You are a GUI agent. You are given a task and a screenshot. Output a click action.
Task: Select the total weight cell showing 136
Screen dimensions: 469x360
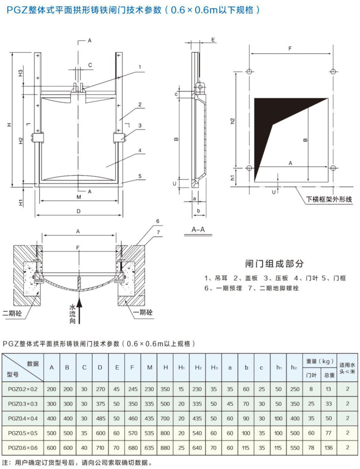point(329,447)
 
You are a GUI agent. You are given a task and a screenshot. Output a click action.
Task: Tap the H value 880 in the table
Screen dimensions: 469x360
point(165,447)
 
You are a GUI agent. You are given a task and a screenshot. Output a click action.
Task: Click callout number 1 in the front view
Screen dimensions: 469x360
point(140,67)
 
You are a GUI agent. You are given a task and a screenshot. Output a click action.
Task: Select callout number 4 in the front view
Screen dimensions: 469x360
point(140,152)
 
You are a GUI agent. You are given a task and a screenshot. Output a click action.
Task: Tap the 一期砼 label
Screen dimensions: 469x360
point(143,313)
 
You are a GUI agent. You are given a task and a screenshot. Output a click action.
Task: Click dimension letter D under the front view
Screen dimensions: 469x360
point(79,211)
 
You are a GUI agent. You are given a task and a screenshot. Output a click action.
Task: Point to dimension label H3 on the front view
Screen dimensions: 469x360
point(20,73)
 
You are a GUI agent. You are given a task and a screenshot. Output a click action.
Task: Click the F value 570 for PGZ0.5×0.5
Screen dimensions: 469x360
point(132,432)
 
